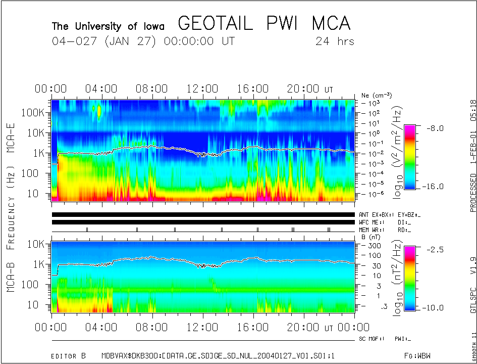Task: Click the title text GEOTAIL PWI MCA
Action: tap(264, 24)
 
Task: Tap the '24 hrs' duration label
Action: tap(335, 41)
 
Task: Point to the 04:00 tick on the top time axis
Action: tap(101, 89)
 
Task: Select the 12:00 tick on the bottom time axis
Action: tap(202, 328)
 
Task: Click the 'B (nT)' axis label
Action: tap(372, 236)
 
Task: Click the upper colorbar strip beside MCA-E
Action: tap(410, 157)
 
